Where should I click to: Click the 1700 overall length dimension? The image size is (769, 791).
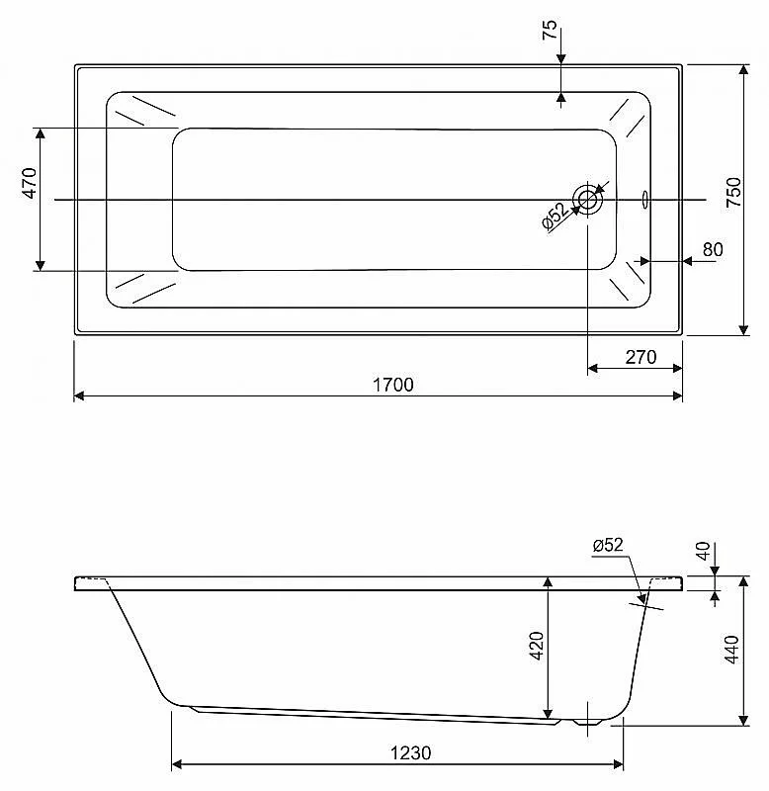coord(392,385)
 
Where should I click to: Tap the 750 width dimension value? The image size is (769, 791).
coord(734,192)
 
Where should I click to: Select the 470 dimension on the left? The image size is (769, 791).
coord(30,183)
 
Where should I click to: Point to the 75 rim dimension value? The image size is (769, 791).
coord(550,30)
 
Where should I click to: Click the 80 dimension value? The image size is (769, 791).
coord(713,249)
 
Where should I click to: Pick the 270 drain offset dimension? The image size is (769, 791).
coord(641,357)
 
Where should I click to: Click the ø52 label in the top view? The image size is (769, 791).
coord(555,216)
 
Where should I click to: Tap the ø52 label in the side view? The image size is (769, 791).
coord(608,545)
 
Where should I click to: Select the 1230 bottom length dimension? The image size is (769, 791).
coord(410,753)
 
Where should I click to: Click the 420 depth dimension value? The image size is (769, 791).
coord(537,646)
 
